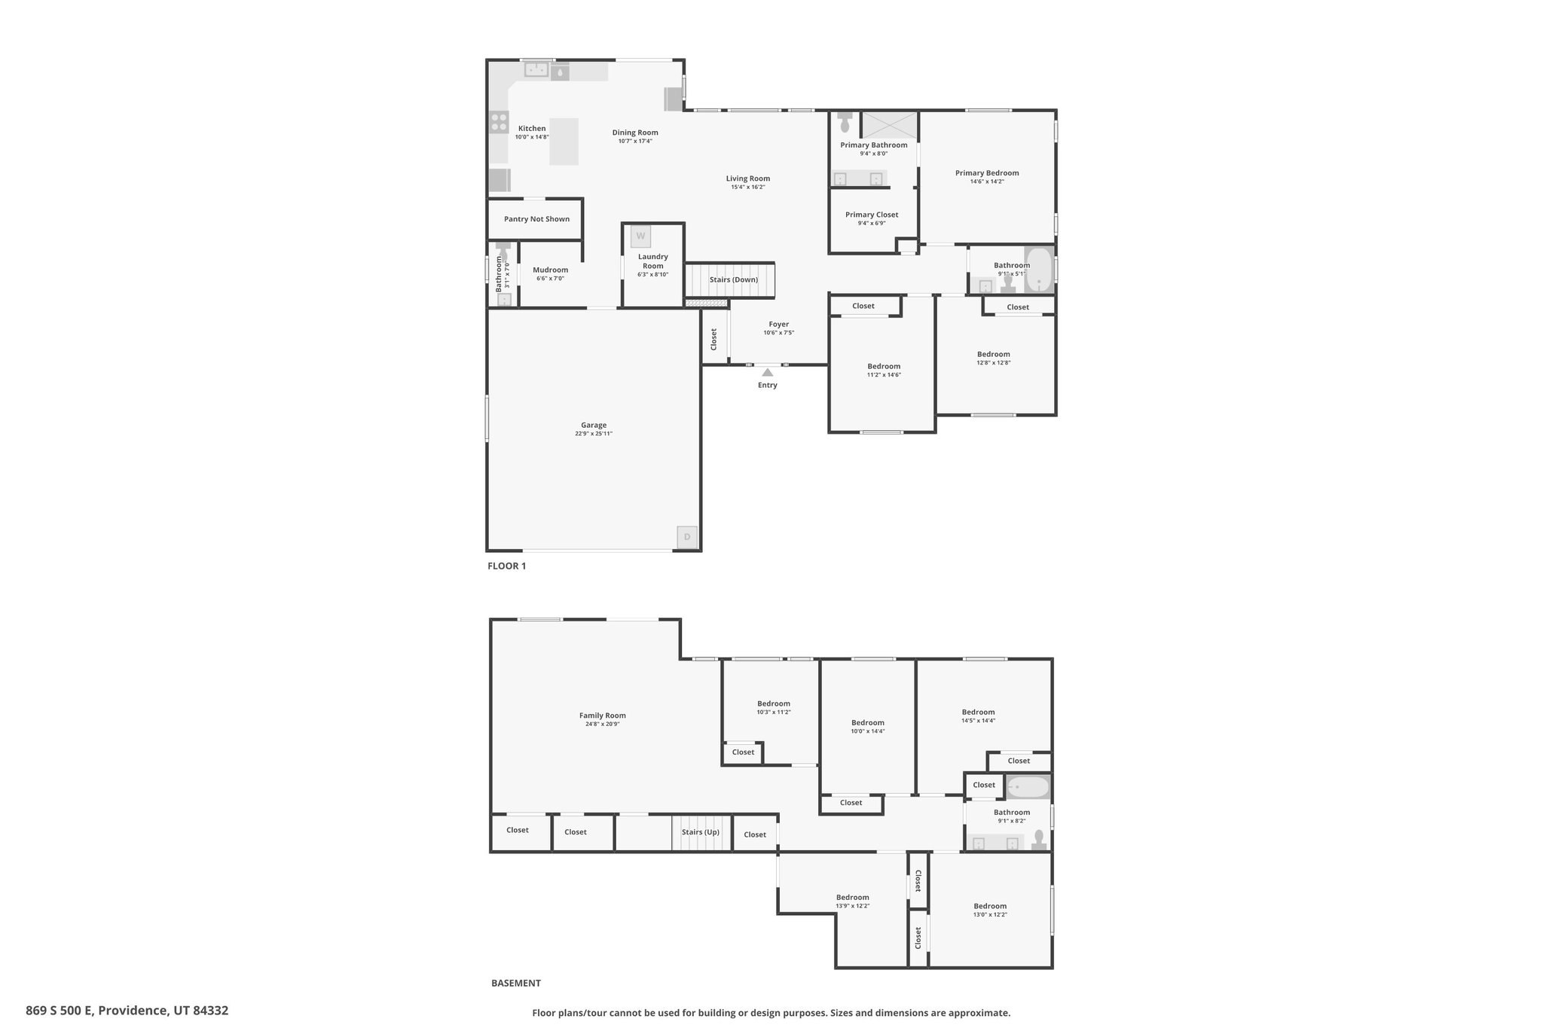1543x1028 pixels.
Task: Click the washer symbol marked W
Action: pos(641,236)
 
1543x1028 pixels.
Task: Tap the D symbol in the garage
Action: pos(686,538)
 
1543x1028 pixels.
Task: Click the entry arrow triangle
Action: pos(767,372)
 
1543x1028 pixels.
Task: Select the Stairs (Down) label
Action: pos(734,279)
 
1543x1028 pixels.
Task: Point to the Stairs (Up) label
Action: pos(701,832)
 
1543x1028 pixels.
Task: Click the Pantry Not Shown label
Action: pos(537,219)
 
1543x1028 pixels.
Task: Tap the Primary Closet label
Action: pos(872,215)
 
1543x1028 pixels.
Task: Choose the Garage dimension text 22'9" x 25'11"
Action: pos(594,434)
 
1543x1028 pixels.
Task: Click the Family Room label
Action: pos(603,715)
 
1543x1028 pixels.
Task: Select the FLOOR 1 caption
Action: pos(507,566)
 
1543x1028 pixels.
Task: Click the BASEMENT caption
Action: pos(516,983)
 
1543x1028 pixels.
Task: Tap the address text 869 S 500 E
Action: pos(60,1011)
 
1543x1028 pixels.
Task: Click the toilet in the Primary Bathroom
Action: pos(845,120)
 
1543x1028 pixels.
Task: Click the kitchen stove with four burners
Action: pos(499,121)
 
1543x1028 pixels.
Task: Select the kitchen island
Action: pos(564,142)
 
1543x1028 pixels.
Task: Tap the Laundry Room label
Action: pos(653,261)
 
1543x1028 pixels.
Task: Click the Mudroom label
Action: pos(551,270)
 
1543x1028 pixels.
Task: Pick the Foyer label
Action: pos(779,324)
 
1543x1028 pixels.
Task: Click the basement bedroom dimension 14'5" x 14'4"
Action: pos(978,721)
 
